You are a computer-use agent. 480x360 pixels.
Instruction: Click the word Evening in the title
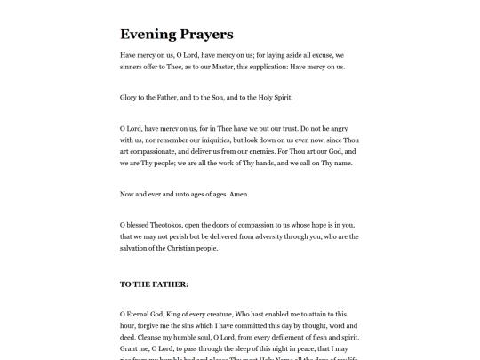click(148, 35)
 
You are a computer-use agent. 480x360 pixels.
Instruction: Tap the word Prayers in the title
click(205, 35)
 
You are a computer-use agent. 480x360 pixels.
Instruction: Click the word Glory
click(130, 97)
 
